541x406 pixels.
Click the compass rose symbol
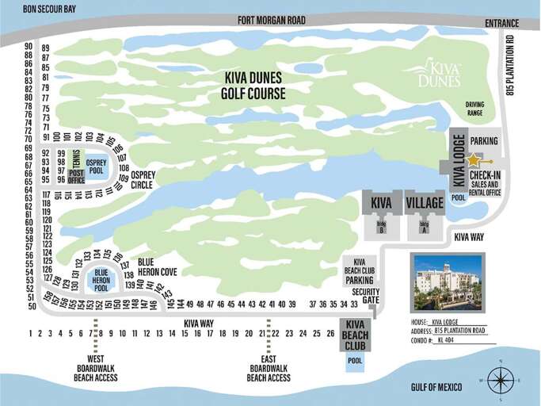point(501,380)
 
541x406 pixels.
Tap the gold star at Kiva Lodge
point(473,160)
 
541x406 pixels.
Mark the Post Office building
point(76,176)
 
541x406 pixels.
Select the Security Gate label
point(365,296)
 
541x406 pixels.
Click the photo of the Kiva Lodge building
point(447,282)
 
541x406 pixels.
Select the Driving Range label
point(474,109)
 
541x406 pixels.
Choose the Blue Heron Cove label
point(157,266)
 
